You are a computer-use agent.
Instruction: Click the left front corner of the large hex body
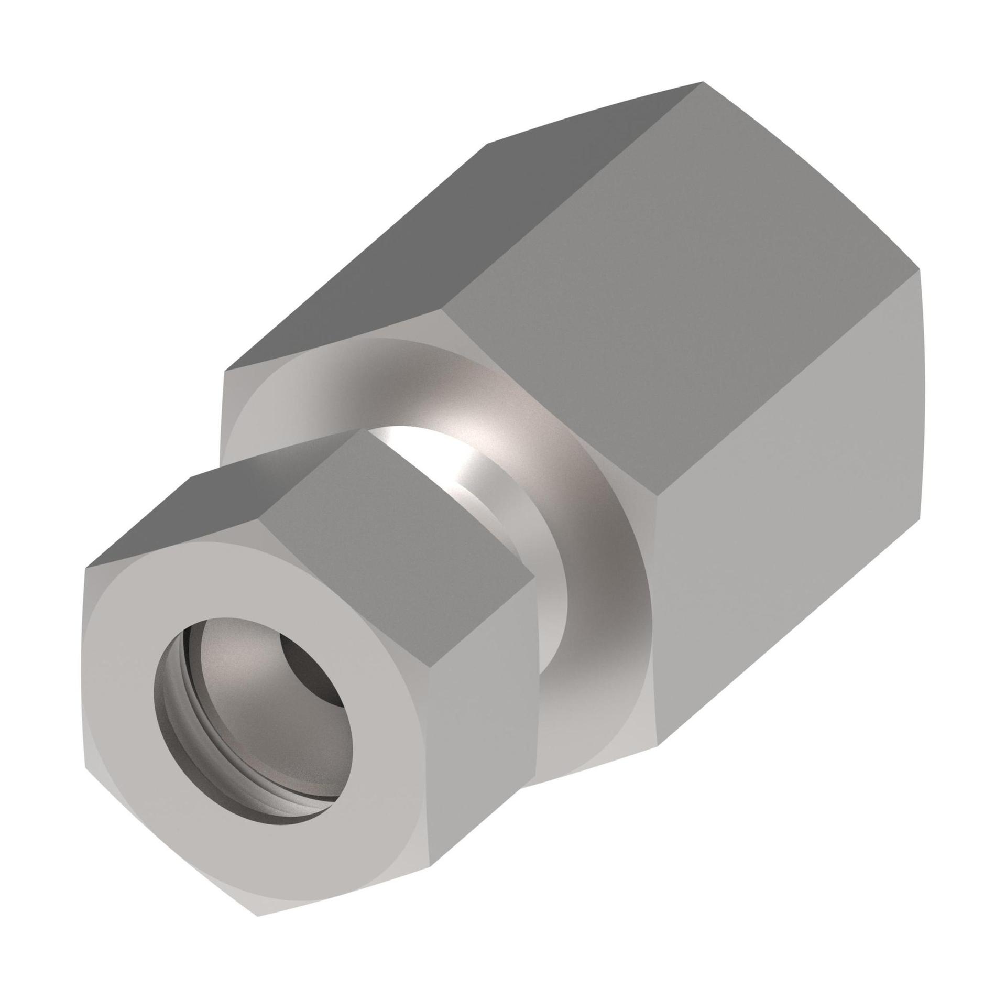pyautogui.click(x=224, y=372)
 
